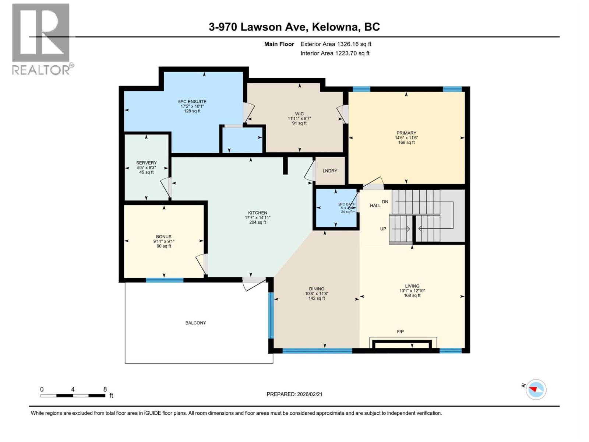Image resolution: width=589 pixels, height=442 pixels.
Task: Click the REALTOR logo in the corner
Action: tap(40, 39)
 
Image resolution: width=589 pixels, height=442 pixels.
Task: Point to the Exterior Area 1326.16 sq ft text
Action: tap(336, 44)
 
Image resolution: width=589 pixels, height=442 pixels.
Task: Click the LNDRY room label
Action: tap(330, 171)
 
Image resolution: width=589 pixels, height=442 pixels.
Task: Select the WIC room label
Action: tap(299, 114)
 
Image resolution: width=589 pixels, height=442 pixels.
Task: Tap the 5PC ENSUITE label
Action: tap(192, 102)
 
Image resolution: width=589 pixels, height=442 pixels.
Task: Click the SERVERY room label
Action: tap(147, 163)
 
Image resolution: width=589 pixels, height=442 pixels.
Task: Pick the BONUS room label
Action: tap(164, 237)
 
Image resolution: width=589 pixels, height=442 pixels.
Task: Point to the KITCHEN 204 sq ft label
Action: tap(258, 217)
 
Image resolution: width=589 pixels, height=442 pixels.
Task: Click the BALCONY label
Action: tap(195, 323)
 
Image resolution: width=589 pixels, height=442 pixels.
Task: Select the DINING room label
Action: tap(317, 289)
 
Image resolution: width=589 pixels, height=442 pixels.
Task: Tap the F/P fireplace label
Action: tap(401, 331)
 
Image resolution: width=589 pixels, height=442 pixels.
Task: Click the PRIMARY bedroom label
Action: tap(406, 133)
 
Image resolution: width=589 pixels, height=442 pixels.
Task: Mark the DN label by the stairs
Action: tap(385, 202)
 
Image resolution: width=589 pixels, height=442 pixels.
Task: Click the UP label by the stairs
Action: tap(383, 229)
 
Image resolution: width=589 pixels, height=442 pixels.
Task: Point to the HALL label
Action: tap(375, 206)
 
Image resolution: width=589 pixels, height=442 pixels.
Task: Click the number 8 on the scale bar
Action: tap(105, 389)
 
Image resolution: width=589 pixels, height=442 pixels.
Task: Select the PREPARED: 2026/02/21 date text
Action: tap(294, 394)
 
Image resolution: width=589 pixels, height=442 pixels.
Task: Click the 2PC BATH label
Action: tap(347, 204)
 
